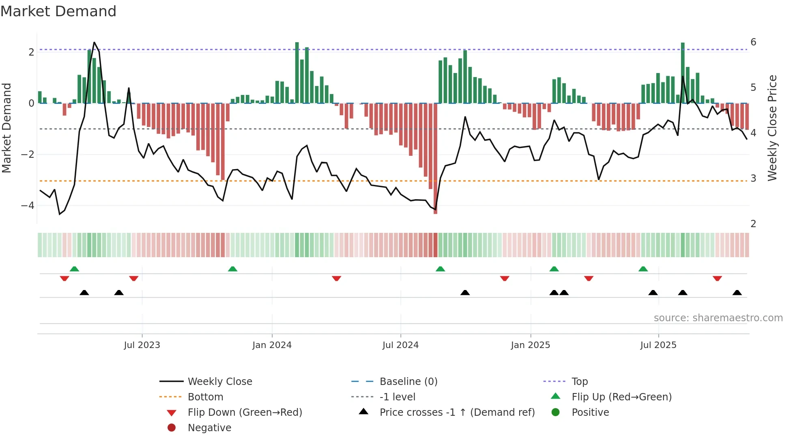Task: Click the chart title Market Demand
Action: (x=58, y=11)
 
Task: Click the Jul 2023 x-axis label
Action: (x=142, y=345)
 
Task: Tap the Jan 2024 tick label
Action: (x=272, y=345)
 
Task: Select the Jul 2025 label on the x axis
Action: (x=658, y=345)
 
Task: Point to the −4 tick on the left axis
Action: (x=28, y=206)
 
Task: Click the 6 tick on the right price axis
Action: (x=753, y=42)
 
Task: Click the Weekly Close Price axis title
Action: (x=772, y=128)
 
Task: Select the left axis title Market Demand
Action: (x=6, y=128)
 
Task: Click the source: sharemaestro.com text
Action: (x=718, y=318)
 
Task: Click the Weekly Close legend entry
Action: (x=219, y=382)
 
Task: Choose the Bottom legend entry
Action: (x=205, y=397)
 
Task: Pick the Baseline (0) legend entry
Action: (x=408, y=382)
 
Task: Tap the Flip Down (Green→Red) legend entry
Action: (x=245, y=413)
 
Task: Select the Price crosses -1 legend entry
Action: (x=457, y=413)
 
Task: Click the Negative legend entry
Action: (x=209, y=428)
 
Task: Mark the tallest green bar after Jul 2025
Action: (x=683, y=73)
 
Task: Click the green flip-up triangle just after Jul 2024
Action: (x=440, y=269)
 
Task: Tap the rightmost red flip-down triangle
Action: (x=717, y=278)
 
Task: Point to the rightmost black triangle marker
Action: (x=737, y=292)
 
